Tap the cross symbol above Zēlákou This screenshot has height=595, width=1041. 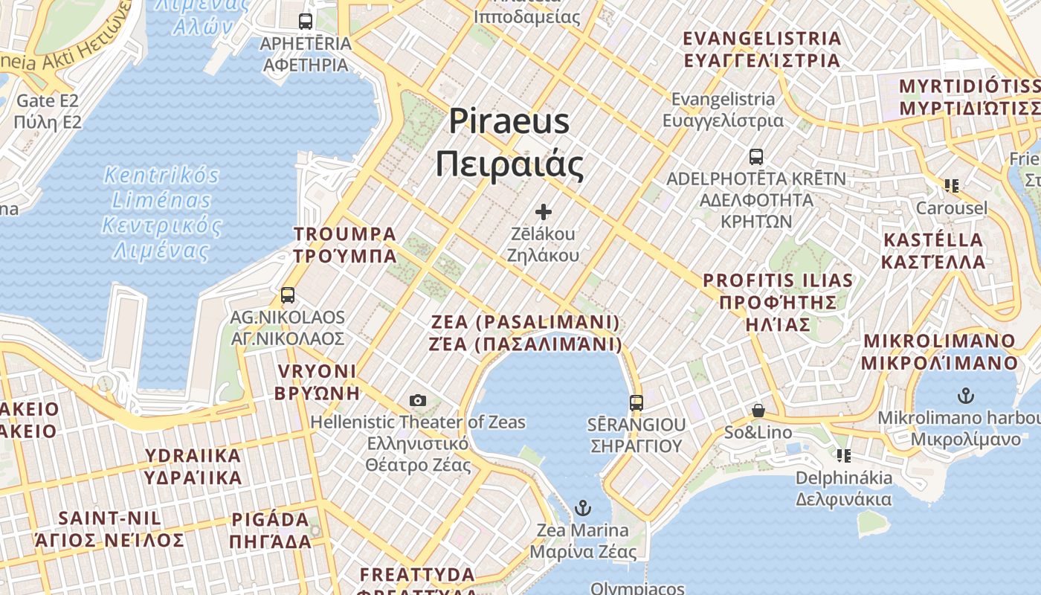coord(544,211)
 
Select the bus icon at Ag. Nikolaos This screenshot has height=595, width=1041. coord(288,295)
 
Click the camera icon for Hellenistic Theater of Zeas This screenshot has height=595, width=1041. coord(418,400)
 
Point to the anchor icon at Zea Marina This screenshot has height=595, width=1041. coord(583,509)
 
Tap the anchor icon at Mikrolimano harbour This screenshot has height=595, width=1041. coord(965,395)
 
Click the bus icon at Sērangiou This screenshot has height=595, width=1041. coord(636,403)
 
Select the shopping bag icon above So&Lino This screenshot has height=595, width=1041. coord(758,411)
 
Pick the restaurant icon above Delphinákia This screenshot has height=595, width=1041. coord(843,455)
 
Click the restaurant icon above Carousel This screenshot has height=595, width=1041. coord(951,186)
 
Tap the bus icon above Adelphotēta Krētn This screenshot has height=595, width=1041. coord(755,157)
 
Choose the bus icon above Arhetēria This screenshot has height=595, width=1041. coord(306,22)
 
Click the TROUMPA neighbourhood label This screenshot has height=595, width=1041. coord(345,245)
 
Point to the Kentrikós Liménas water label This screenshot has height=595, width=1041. coord(161,213)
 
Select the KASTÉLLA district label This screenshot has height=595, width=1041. coord(933,251)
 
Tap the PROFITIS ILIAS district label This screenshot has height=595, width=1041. coord(778,302)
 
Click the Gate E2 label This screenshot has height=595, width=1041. coord(47,111)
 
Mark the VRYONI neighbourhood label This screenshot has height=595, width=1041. coord(317,382)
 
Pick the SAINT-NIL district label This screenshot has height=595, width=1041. coord(111,529)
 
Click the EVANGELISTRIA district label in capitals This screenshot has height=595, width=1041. coord(761,49)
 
